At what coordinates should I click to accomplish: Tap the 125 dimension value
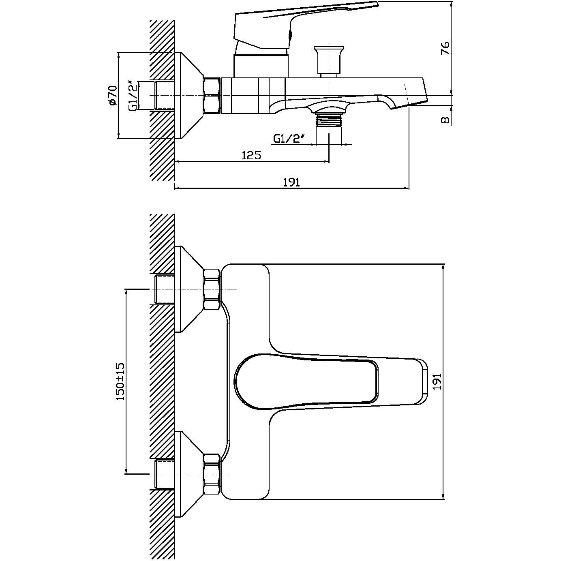pyautogui.click(x=252, y=156)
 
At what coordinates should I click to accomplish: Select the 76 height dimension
pyautogui.click(x=445, y=48)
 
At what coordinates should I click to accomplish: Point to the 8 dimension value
pyautogui.click(x=445, y=120)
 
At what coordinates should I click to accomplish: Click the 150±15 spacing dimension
pyautogui.click(x=120, y=381)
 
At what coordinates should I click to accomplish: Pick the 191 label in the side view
pyautogui.click(x=291, y=182)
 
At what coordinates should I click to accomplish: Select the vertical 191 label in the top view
pyautogui.click(x=437, y=381)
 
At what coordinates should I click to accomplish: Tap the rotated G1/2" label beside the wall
pyautogui.click(x=133, y=96)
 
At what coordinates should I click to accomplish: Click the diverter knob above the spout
pyautogui.click(x=329, y=61)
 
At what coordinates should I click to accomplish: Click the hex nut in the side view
pyautogui.click(x=213, y=95)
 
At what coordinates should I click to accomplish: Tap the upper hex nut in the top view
pyautogui.click(x=212, y=289)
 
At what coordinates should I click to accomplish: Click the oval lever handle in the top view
pyautogui.click(x=331, y=381)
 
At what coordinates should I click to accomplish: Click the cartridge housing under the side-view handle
pyautogui.click(x=261, y=66)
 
